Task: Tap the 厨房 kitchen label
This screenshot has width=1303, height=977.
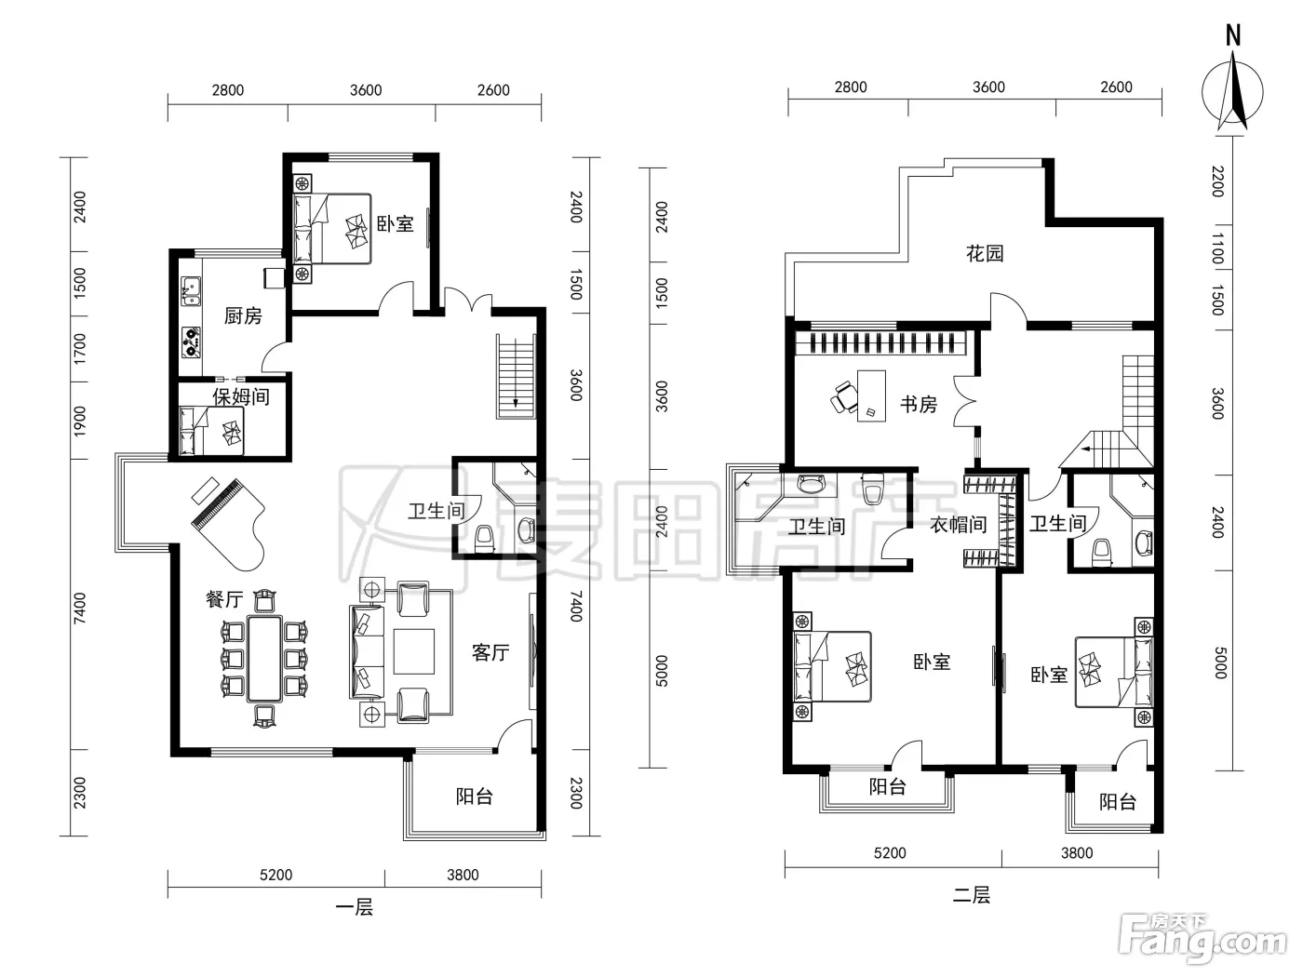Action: pos(243,315)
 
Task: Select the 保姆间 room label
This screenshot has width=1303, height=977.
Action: pos(241,396)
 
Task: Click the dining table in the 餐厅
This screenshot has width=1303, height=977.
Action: pos(264,659)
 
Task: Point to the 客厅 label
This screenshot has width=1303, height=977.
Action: pos(490,652)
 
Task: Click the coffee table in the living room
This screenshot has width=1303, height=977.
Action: pos(414,651)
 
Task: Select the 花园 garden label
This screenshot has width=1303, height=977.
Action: pos(984,253)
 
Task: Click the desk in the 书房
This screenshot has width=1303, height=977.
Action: pos(871,395)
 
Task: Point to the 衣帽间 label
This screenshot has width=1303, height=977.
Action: pos(958,525)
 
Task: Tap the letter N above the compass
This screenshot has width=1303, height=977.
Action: pos(1233,36)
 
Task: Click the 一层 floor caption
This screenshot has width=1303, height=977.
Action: pos(354,907)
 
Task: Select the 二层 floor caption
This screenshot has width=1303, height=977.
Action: pos(972,895)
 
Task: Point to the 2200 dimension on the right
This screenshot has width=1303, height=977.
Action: pos(1217,181)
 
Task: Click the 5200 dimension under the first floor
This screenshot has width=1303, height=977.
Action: pos(276,875)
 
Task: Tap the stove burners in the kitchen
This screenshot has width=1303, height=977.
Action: pos(191,342)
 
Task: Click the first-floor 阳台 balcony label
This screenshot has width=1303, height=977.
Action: pos(475,796)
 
